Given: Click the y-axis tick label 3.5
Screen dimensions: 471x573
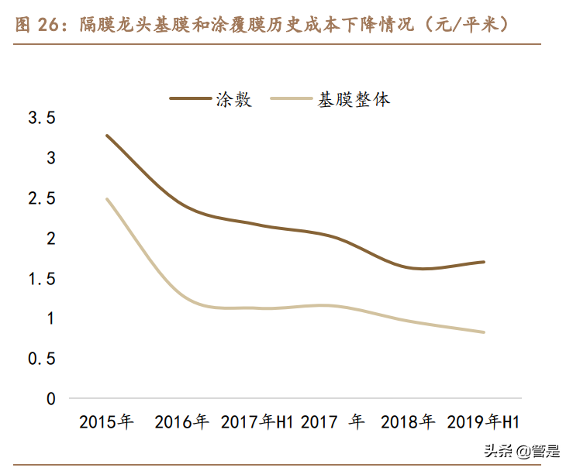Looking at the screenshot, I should pyautogui.click(x=42, y=119).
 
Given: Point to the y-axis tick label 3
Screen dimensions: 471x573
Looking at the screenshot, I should pyautogui.click(x=51, y=158).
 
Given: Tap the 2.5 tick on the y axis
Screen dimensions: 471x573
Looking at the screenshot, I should pyautogui.click(x=42, y=198).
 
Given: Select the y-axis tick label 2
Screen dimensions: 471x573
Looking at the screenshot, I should pyautogui.click(x=51, y=239).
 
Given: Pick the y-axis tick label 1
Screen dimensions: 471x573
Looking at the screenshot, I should pyautogui.click(x=51, y=318).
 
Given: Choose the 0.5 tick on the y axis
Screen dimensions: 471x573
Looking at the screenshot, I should pyautogui.click(x=42, y=359).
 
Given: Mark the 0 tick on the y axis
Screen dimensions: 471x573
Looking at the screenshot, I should pyautogui.click(x=51, y=399).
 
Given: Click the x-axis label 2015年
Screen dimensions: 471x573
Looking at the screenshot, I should pyautogui.click(x=106, y=422).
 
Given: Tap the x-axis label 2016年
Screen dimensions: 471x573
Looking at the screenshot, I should pyautogui.click(x=181, y=422).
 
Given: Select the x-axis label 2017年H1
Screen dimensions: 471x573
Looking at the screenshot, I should pyautogui.click(x=257, y=422).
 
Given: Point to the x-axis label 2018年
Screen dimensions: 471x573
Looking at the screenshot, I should pyautogui.click(x=408, y=422).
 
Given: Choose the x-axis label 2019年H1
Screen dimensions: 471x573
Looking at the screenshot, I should pyautogui.click(x=483, y=422).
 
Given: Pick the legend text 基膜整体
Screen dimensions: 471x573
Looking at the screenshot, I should pyautogui.click(x=353, y=99).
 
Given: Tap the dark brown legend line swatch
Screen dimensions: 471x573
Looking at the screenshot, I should pyautogui.click(x=190, y=99).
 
